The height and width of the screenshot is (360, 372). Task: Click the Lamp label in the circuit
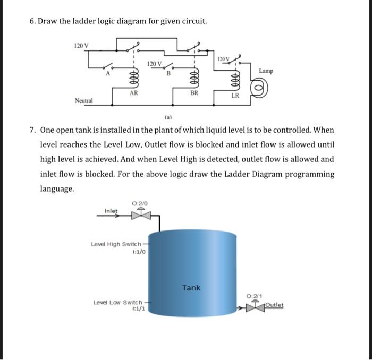266,71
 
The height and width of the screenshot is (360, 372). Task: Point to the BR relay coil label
194,93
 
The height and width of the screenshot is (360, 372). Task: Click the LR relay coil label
235,96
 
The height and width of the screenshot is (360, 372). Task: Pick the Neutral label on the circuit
84,100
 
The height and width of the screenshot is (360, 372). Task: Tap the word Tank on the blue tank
191,287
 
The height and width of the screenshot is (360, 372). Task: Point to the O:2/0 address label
140,203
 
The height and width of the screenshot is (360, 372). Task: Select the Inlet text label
111,211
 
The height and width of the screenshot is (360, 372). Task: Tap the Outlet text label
274,305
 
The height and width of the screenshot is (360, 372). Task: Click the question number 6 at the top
32,21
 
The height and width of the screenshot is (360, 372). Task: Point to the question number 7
32,130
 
